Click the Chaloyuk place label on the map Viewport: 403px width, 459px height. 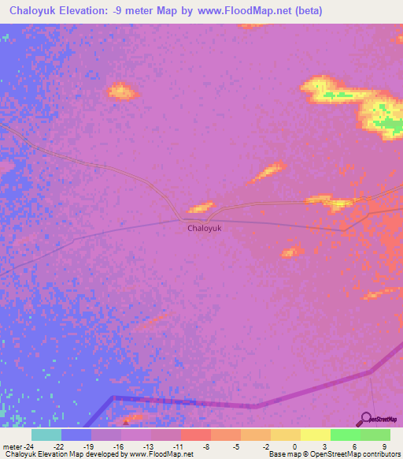(205, 229)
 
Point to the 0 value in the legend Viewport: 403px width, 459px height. (294, 446)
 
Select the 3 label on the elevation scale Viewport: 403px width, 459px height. (324, 446)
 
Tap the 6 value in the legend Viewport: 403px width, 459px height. (354, 446)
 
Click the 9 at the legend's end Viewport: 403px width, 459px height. (384, 446)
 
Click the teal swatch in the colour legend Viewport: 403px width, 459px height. (46, 435)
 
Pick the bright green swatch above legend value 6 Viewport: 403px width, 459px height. (345, 435)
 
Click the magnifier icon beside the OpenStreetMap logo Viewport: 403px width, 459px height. (365, 419)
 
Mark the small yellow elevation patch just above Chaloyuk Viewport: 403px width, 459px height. (201, 207)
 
